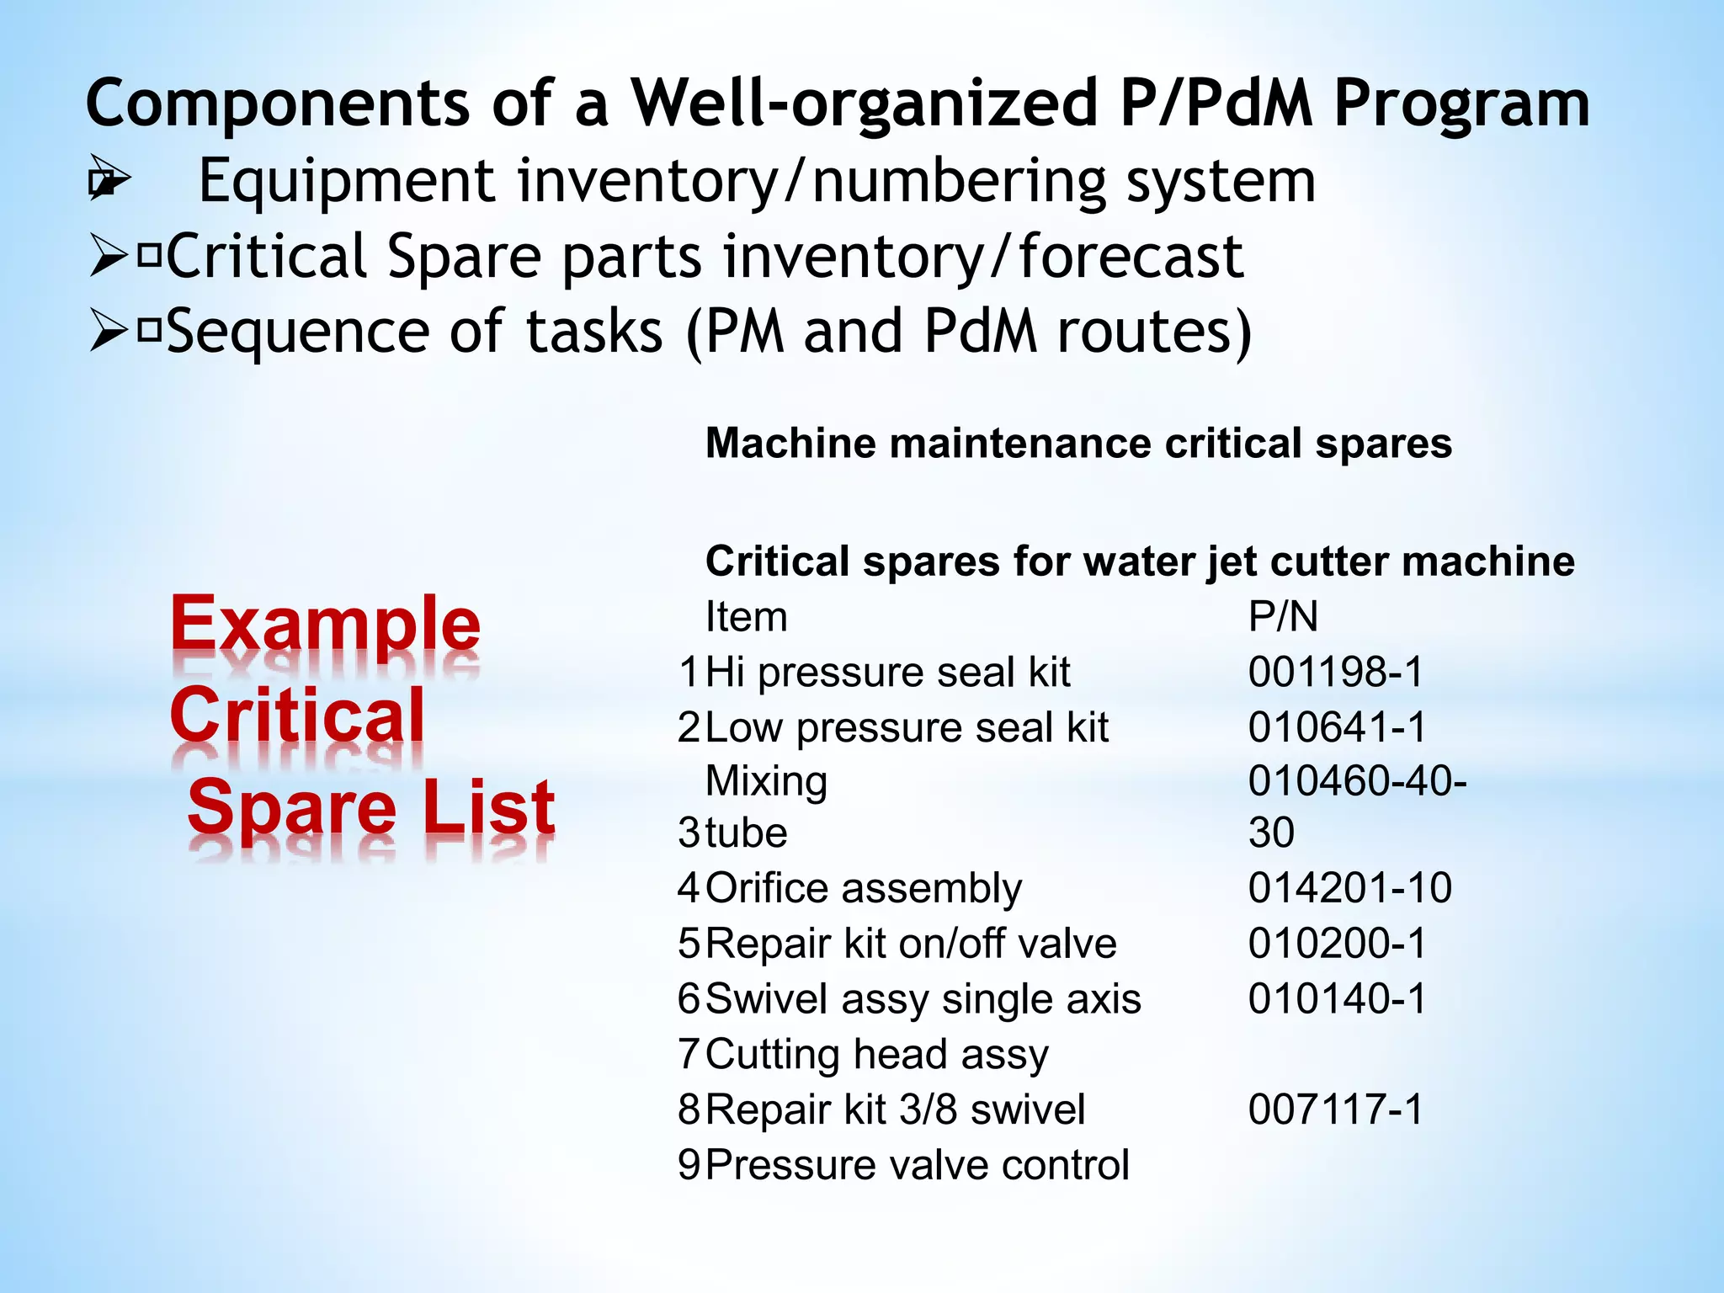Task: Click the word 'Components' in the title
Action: click(278, 104)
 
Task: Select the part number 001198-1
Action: click(1335, 673)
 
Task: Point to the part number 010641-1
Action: click(1337, 727)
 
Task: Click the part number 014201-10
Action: click(1350, 888)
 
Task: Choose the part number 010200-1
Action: click(1337, 944)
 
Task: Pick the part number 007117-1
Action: click(1335, 1109)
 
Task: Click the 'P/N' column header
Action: click(1283, 617)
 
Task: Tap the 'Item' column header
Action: click(746, 617)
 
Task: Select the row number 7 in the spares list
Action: click(689, 1055)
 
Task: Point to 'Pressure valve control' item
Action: click(917, 1166)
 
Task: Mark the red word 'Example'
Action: click(325, 625)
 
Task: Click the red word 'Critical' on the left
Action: click(297, 716)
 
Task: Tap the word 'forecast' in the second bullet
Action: click(1131, 257)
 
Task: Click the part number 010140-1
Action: click(1337, 999)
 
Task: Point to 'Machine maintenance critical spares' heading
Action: click(1078, 444)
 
